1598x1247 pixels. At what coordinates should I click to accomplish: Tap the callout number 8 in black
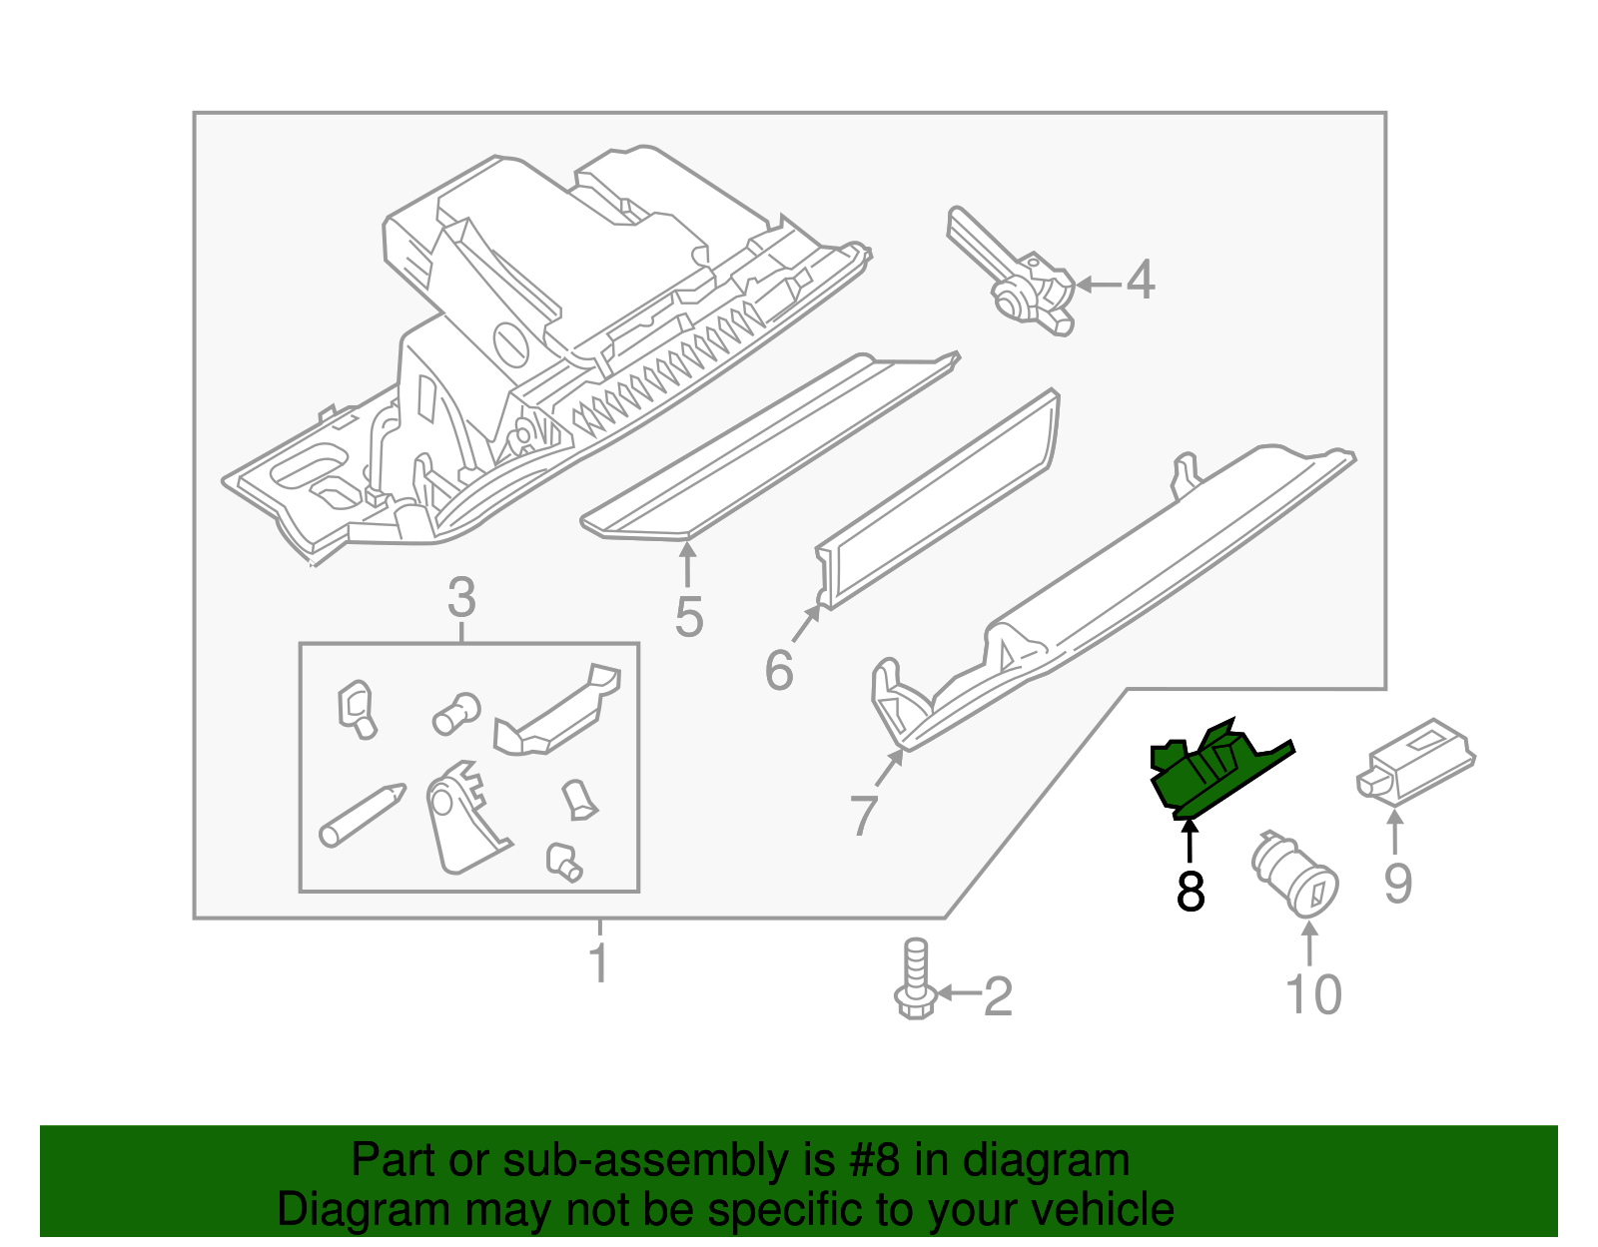coord(1190,892)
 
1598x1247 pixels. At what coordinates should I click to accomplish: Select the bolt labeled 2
coord(913,979)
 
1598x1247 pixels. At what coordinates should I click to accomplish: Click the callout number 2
coord(998,996)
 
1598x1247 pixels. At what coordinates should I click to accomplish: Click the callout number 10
coord(1313,994)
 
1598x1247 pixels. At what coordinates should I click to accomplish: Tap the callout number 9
coord(1397,883)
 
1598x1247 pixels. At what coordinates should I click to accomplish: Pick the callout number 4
coord(1141,281)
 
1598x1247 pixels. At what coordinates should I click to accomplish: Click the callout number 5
coord(689,617)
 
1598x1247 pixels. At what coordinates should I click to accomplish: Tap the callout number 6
coord(779,670)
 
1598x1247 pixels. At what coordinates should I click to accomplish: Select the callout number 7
coord(864,815)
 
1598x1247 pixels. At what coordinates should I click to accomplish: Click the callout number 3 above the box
coord(461,598)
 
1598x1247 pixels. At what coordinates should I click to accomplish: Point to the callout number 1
coord(598,963)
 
